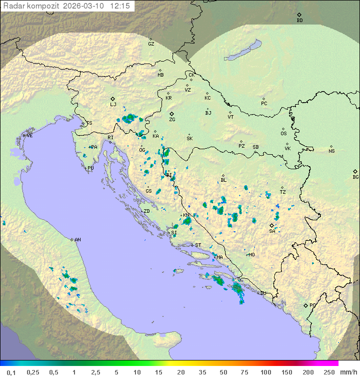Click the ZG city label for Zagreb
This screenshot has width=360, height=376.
coord(172,120)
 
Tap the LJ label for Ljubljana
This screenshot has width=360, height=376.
coord(113,105)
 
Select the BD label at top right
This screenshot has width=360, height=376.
coord(299,21)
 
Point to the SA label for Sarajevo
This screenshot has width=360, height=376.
coord(272,231)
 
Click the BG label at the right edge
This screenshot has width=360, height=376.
coord(355,177)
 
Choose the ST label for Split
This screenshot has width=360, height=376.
coord(198,245)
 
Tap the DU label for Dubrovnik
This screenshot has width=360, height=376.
coord(263,293)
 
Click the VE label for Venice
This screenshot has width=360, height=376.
coord(29,136)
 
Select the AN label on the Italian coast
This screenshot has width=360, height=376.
coord(77,240)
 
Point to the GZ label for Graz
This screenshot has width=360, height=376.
coord(151,44)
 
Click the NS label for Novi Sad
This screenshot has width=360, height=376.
coord(331,151)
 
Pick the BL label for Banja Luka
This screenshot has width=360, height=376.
coord(223,180)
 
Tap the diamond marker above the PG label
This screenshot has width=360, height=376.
coord(305,305)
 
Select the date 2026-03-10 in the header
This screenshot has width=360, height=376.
coord(84,6)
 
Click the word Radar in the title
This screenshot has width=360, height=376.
coord(13,6)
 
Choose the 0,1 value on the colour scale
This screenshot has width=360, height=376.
coord(11,372)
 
